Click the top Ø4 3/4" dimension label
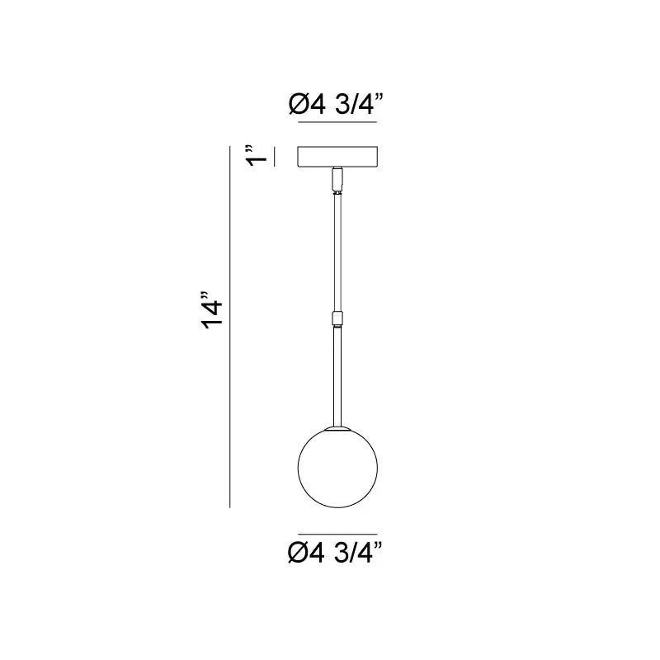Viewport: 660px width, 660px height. click(x=336, y=104)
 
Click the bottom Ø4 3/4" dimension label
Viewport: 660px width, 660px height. click(x=335, y=552)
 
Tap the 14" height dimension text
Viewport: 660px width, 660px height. click(x=212, y=310)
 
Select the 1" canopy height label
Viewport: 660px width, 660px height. click(x=257, y=156)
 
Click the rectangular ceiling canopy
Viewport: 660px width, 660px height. click(x=337, y=157)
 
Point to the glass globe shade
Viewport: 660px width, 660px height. click(x=337, y=468)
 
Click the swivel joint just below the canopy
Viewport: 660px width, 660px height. click(x=337, y=181)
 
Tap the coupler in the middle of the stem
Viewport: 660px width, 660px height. click(x=337, y=318)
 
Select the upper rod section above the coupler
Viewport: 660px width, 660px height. click(x=337, y=252)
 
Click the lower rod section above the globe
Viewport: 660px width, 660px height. click(x=337, y=377)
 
